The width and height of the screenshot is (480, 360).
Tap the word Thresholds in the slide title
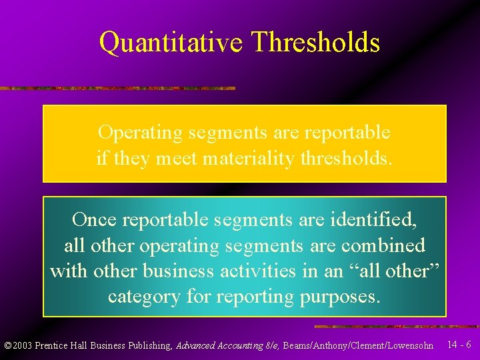[316, 43]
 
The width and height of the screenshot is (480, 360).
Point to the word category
[143, 297]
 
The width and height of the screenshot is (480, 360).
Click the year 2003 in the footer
[22, 346]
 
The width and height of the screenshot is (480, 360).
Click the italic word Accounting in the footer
[235, 346]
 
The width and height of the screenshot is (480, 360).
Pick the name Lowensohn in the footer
[411, 346]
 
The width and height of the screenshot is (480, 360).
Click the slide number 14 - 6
[459, 345]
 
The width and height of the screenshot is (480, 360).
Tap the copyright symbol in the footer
[7, 346]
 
